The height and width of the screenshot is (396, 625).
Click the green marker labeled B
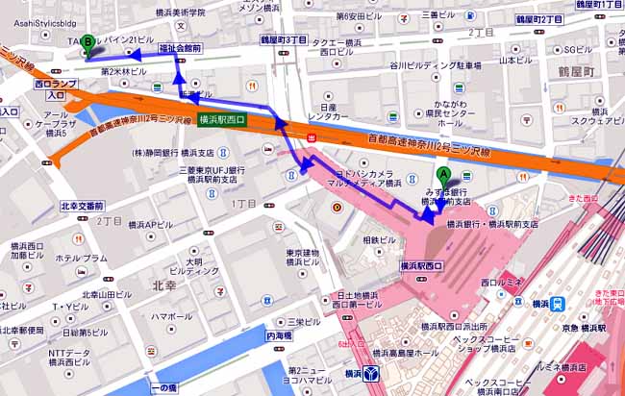[88, 43]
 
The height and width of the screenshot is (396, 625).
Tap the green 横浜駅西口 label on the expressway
[222, 119]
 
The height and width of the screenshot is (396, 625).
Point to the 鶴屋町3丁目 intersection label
[284, 41]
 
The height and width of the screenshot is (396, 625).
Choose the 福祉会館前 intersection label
[180, 46]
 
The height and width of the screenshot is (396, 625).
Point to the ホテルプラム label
[82, 259]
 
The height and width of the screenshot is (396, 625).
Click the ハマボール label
[171, 316]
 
